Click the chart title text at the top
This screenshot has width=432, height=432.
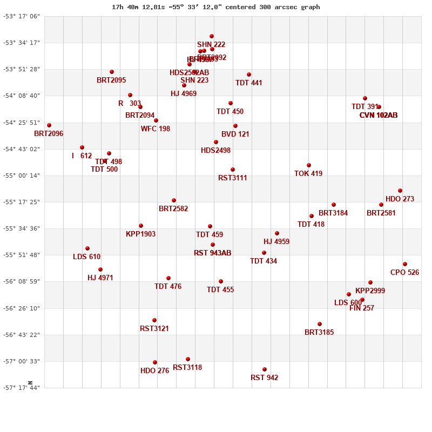point(216,7)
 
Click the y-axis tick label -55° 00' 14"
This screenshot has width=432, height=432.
point(22,175)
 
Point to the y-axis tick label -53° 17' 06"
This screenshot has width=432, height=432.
point(22,16)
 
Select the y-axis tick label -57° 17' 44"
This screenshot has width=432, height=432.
point(22,388)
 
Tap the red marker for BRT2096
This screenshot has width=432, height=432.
point(49,125)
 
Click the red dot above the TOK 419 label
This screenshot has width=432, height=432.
point(309,165)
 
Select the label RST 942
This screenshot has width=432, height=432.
point(265,377)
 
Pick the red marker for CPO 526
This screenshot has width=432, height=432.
point(405,264)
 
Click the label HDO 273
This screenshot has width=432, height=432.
point(400,199)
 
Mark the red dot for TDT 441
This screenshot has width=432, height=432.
point(249,75)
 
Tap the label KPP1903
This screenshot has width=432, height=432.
point(140,234)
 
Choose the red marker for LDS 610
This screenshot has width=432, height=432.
point(87,248)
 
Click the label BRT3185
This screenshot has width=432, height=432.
point(319,332)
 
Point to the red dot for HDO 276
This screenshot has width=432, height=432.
point(155,362)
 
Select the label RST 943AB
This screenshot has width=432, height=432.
point(212,253)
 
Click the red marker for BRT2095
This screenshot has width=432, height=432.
point(112,72)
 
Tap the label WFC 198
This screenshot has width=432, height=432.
point(156,129)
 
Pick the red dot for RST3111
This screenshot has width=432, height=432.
point(233,170)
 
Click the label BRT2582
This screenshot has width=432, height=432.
point(173,208)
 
